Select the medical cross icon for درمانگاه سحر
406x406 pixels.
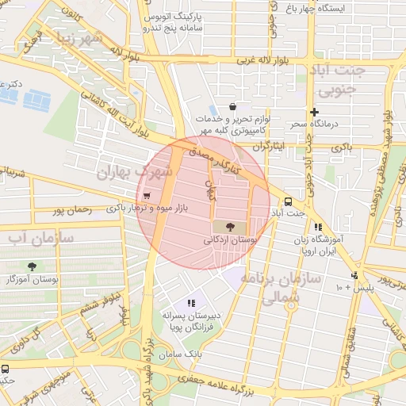pyautogui.click(x=315, y=112)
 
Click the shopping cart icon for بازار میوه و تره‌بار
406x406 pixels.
pyautogui.click(x=146, y=196)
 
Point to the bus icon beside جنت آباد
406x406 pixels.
pyautogui.click(x=288, y=201)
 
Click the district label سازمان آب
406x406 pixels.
pyautogui.click(x=41, y=237)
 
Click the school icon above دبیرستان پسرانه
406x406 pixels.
pyautogui.click(x=190, y=302)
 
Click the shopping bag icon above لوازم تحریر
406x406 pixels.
pyautogui.click(x=232, y=106)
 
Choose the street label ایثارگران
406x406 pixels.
pyautogui.click(x=273, y=147)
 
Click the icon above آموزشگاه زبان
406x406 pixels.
pyautogui.click(x=318, y=227)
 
